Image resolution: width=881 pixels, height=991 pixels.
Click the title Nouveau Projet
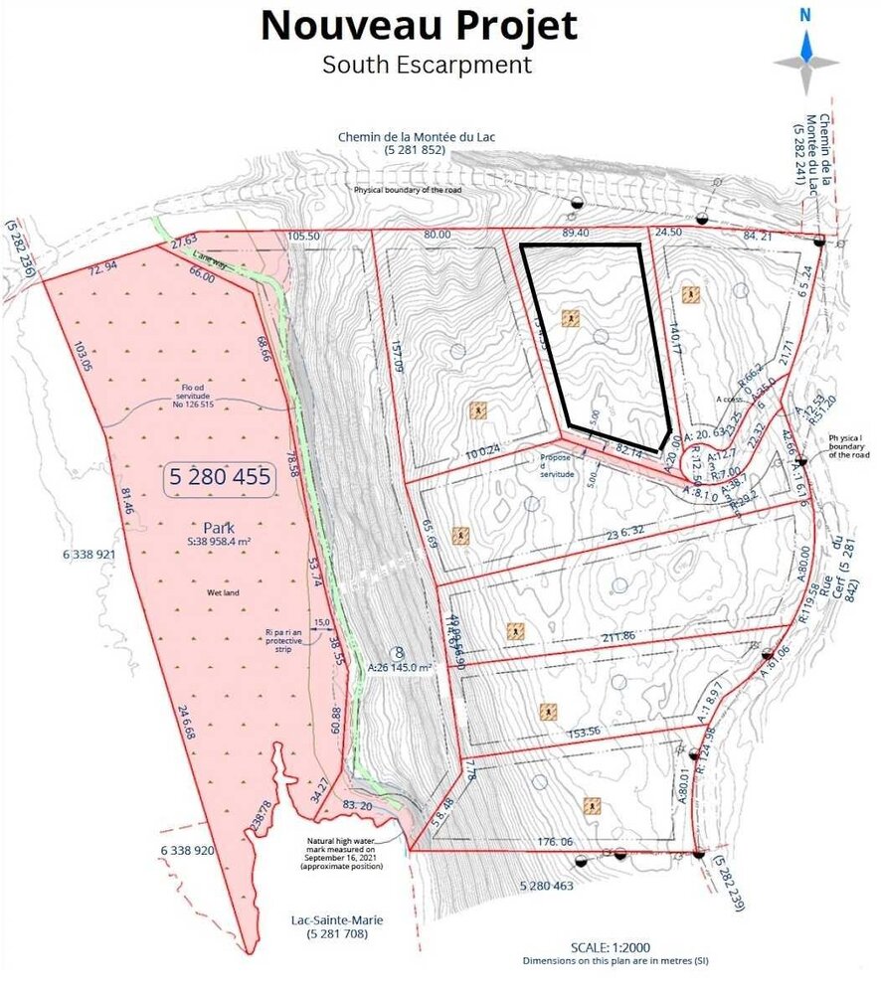419,25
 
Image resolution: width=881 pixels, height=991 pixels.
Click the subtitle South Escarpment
427,65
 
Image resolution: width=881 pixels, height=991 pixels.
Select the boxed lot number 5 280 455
220,477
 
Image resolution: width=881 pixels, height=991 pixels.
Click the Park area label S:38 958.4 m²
220,543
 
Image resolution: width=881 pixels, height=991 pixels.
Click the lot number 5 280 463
546,885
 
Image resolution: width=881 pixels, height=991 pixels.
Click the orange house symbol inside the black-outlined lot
570,318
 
